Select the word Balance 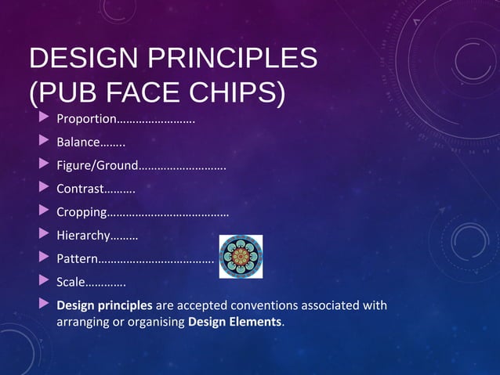(x=78, y=142)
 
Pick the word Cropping (x=81, y=212)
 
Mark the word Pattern (x=77, y=258)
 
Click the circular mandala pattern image (x=241, y=256)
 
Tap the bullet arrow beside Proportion (x=42, y=119)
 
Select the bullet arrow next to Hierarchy (x=42, y=234)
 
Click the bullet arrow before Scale (x=42, y=280)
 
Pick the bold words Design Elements (x=234, y=321)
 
